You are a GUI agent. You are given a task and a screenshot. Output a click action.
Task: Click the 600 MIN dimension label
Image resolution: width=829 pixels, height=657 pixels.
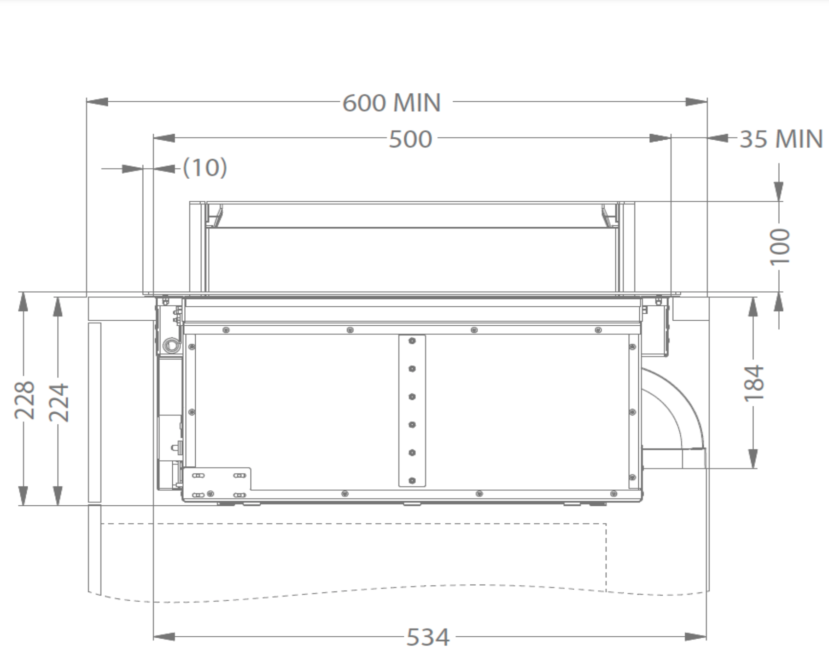pyautogui.click(x=391, y=102)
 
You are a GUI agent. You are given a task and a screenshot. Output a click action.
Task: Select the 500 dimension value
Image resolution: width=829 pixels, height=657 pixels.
pyautogui.click(x=410, y=139)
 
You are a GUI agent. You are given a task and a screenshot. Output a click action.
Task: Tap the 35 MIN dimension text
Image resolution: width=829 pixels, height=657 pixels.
pyautogui.click(x=781, y=139)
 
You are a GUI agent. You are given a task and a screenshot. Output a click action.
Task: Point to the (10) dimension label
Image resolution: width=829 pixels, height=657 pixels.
pyautogui.click(x=205, y=168)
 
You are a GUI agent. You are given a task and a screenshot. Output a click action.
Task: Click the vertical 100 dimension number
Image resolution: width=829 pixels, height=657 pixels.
pyautogui.click(x=780, y=246)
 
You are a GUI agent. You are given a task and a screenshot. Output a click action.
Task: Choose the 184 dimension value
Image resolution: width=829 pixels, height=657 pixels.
pyautogui.click(x=754, y=383)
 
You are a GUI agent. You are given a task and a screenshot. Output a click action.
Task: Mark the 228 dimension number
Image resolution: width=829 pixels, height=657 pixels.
pyautogui.click(x=24, y=400)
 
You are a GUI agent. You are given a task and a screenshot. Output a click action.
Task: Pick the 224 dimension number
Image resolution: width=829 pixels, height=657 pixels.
pyautogui.click(x=58, y=402)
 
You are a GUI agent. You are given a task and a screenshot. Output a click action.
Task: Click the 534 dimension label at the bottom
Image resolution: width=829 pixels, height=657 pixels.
pyautogui.click(x=427, y=637)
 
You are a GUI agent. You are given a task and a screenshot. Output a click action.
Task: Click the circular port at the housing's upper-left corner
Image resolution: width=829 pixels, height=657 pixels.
pyautogui.click(x=170, y=344)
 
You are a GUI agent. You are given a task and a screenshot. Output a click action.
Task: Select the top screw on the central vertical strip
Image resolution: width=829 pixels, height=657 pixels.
pyautogui.click(x=412, y=341)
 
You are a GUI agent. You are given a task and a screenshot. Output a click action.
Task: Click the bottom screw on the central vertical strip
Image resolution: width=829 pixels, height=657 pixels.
pyautogui.click(x=412, y=481)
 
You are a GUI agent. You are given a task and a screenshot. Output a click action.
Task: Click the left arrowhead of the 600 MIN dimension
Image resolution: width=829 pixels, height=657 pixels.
pyautogui.click(x=97, y=102)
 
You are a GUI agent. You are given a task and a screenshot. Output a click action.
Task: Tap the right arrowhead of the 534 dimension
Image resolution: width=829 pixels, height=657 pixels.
pyautogui.click(x=696, y=637)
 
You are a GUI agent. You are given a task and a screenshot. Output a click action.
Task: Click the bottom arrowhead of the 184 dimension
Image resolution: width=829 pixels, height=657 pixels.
pyautogui.click(x=753, y=459)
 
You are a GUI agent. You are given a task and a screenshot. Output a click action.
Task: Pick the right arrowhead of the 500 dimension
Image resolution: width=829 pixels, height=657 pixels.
pyautogui.click(x=660, y=138)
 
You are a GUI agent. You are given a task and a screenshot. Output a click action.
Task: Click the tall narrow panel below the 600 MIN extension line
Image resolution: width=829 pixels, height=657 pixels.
pyautogui.click(x=94, y=412)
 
